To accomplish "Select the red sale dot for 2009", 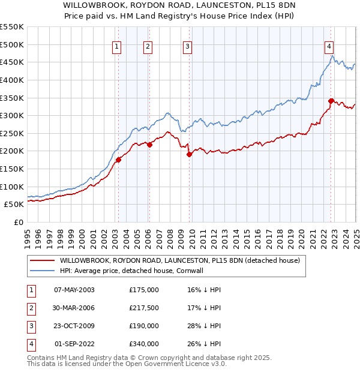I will (x=189, y=154).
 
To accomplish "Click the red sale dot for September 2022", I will (x=331, y=101).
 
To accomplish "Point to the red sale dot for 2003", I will (x=119, y=160).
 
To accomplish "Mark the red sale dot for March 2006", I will (x=150, y=145).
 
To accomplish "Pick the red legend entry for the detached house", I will (x=174, y=260).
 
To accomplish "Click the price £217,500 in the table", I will (x=144, y=308).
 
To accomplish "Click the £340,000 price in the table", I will (x=144, y=344).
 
